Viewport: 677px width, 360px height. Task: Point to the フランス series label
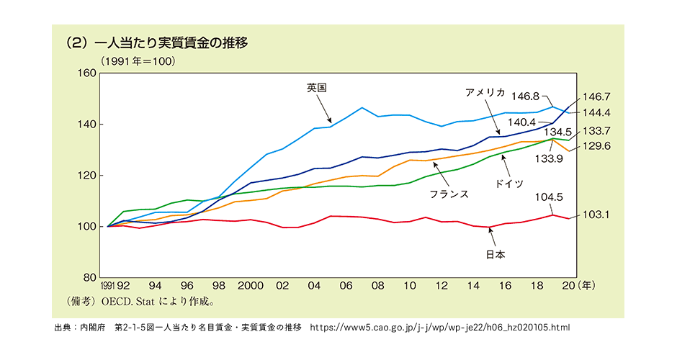click(x=449, y=194)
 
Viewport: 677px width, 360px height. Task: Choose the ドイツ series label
click(x=508, y=184)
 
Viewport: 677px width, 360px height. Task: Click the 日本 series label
click(x=494, y=254)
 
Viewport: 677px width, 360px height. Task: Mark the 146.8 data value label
click(x=526, y=95)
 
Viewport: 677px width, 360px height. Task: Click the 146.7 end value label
click(x=597, y=96)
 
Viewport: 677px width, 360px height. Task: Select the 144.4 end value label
click(x=597, y=113)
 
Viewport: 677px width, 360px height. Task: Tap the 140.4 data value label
click(x=523, y=122)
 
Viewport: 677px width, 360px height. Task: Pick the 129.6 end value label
click(x=597, y=145)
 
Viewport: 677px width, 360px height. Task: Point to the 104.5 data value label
click(x=550, y=197)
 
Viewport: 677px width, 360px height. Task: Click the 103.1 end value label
click(x=597, y=215)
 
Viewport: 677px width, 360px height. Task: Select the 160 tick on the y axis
click(x=86, y=73)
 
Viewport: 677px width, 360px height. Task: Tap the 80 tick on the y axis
click(x=89, y=278)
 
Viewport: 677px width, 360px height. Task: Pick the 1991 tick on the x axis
click(x=108, y=286)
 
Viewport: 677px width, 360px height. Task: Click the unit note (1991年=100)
click(x=138, y=61)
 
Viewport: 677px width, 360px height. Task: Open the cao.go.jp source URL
click(x=439, y=328)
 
